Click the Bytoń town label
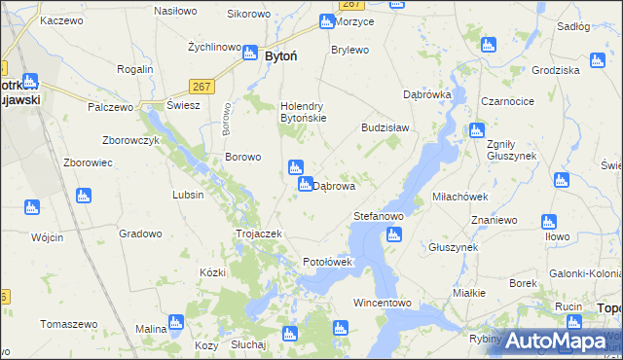(x=281, y=56)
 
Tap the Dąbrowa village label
(x=334, y=186)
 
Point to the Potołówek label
(x=334, y=262)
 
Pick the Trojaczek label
(x=259, y=234)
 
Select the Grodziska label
(x=557, y=70)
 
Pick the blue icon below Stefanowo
(x=393, y=234)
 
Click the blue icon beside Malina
(x=176, y=321)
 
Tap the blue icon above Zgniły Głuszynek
(x=477, y=130)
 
